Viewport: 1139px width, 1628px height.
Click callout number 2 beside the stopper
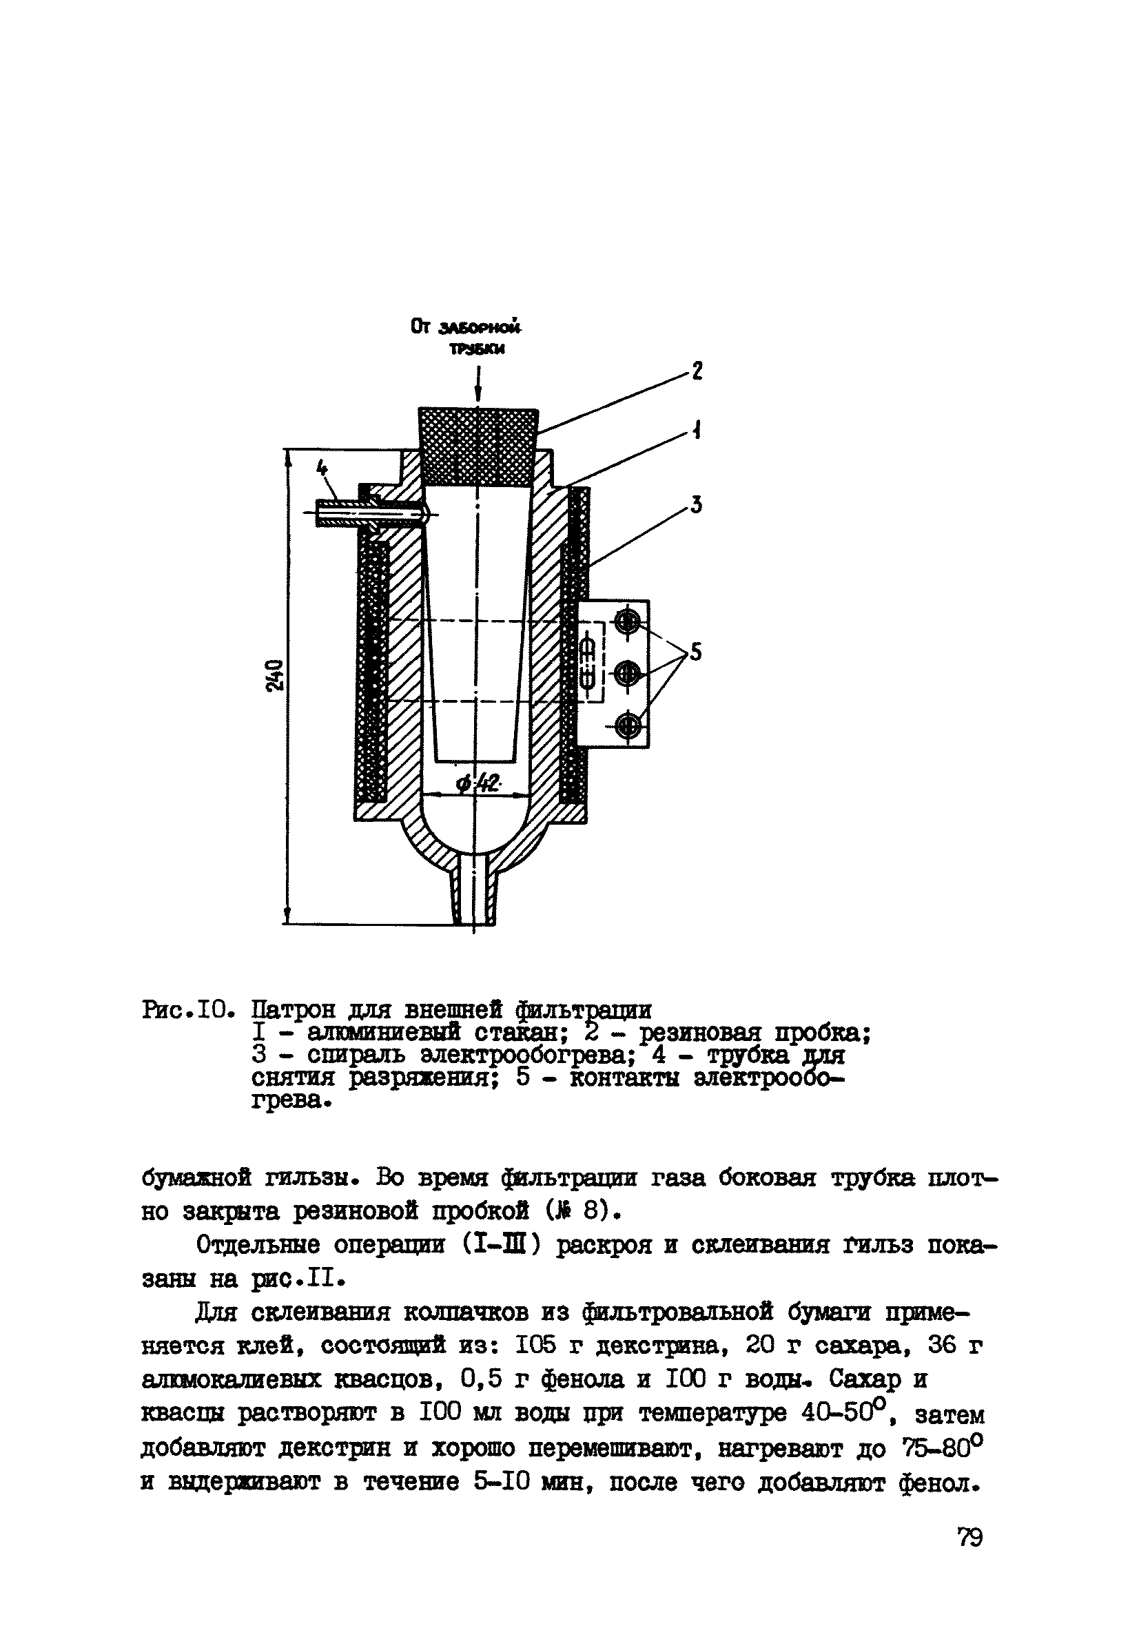697,370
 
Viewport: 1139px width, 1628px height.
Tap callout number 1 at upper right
697,430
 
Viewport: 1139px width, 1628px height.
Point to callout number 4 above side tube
322,468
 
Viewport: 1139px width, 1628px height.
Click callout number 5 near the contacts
695,652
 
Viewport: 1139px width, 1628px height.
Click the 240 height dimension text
275,676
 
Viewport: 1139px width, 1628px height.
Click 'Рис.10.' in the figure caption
187,1009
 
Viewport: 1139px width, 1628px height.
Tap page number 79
969,1537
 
